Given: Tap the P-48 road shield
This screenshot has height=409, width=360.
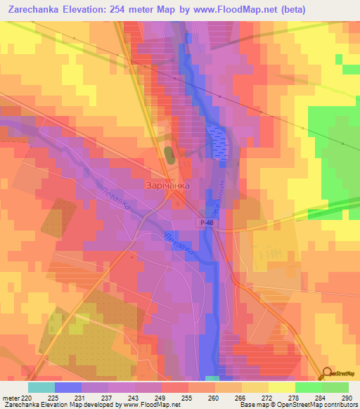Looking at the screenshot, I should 205,222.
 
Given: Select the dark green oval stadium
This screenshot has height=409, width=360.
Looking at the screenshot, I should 168,154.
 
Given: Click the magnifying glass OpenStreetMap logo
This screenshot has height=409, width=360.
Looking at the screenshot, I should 326,374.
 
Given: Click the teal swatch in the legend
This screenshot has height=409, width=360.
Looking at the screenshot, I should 41,387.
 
